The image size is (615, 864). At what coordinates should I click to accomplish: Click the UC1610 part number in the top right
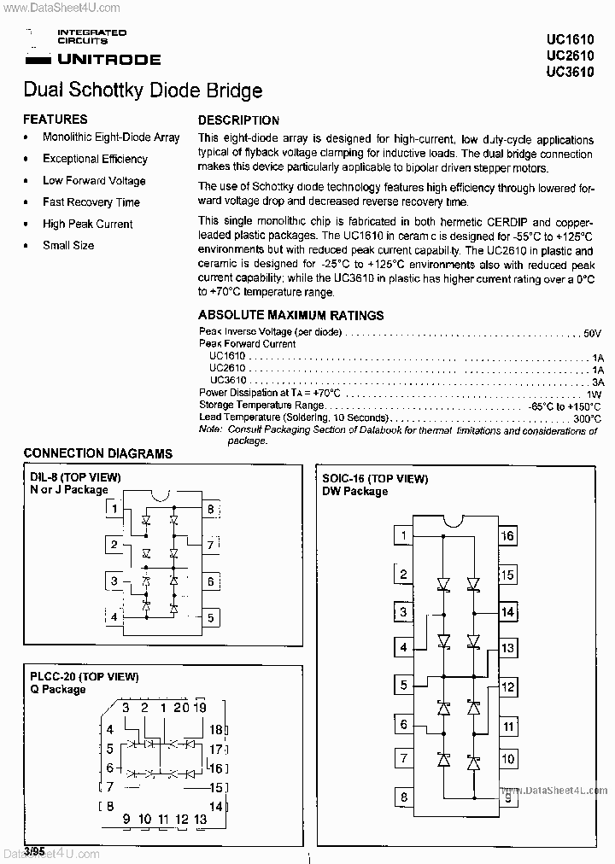(x=570, y=39)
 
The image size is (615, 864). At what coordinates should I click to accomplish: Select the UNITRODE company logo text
(x=108, y=60)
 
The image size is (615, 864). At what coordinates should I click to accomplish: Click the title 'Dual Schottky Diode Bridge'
(x=143, y=90)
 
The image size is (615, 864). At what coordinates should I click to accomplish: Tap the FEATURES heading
(x=55, y=120)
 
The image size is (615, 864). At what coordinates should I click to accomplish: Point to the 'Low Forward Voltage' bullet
(x=94, y=181)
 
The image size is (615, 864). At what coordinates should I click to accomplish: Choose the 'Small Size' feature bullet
(x=68, y=245)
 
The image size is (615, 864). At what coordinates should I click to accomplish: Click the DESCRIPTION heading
(x=238, y=120)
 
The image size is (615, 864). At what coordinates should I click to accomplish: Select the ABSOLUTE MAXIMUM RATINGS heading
(x=290, y=315)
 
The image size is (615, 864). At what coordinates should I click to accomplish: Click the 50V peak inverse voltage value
(x=593, y=332)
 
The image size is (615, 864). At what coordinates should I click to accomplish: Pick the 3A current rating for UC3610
(x=597, y=381)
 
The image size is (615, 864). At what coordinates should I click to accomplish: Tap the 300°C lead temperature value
(x=587, y=418)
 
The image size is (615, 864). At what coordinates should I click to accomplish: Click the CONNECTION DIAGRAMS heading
(x=97, y=453)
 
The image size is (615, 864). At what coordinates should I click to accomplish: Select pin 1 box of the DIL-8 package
(x=114, y=511)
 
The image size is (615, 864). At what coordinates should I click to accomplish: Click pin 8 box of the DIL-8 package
(x=209, y=511)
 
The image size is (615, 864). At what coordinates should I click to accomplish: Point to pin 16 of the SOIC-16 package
(x=507, y=536)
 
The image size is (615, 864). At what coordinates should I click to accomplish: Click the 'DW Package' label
(x=354, y=491)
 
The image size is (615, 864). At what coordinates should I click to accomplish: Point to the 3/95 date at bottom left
(x=34, y=851)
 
